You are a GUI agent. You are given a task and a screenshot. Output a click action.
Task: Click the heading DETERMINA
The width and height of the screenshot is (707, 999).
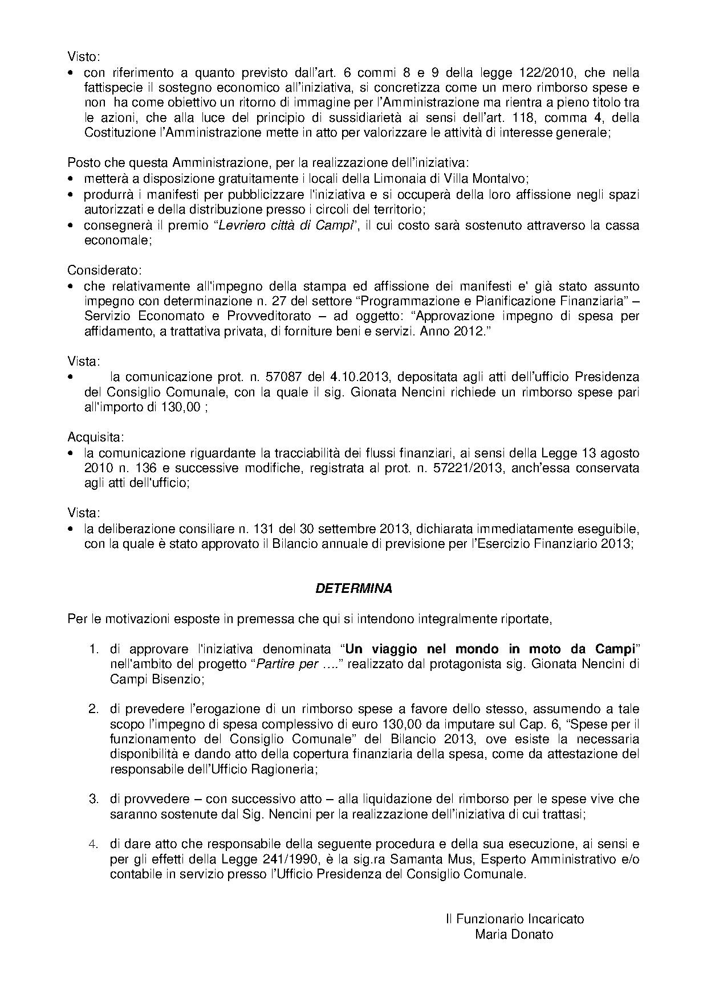point(353,589)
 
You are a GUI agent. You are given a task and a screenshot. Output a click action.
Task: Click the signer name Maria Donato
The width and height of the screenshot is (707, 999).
point(514,934)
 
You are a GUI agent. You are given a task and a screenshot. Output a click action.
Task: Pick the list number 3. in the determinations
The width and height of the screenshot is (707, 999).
point(93,799)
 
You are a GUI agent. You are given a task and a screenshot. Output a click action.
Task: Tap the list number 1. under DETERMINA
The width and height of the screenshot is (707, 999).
point(93,649)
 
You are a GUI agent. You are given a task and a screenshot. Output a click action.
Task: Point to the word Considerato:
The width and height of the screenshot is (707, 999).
point(104,269)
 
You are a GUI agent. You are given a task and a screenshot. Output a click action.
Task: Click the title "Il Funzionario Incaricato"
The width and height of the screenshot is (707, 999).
point(515,919)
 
